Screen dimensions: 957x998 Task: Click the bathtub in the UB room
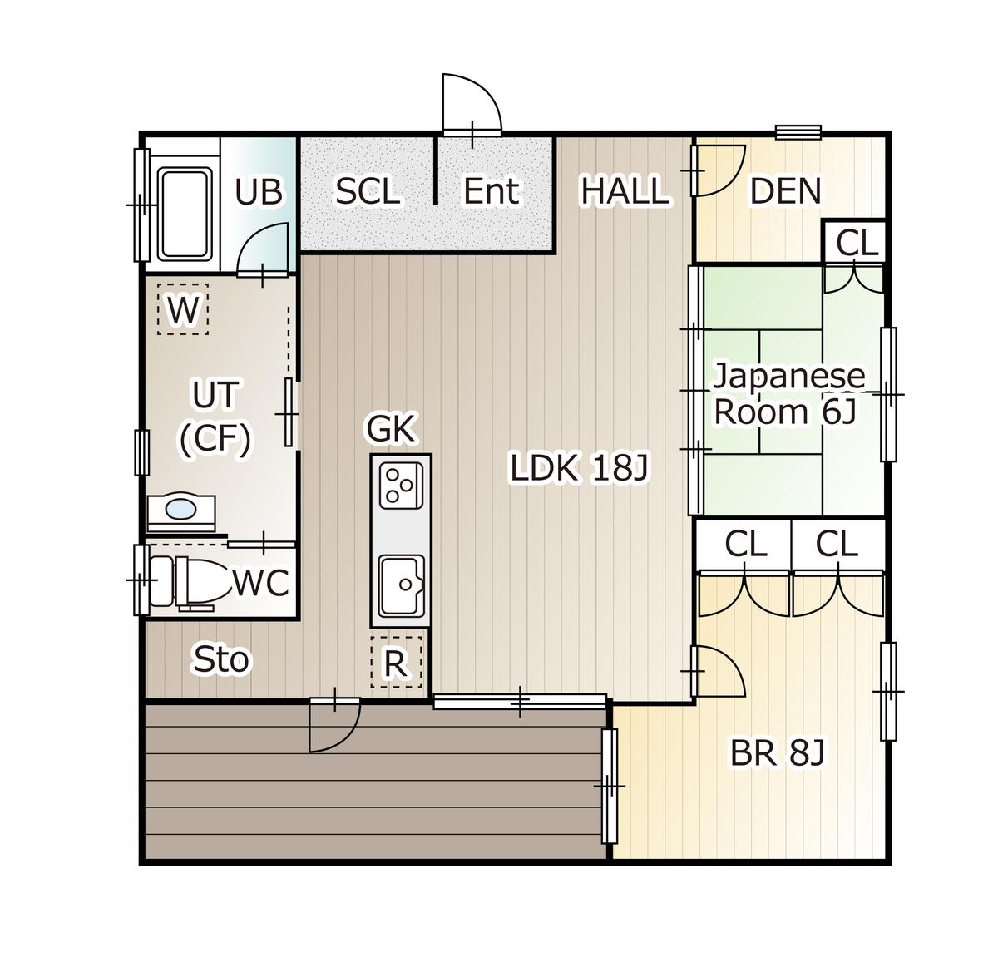coord(184,215)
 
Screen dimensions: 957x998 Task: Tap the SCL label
coord(368,192)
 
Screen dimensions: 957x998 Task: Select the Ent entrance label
coord(491,191)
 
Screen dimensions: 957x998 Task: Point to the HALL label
coord(624,191)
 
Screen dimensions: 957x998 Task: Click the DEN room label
coord(785,191)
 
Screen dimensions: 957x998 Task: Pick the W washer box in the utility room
coord(183,311)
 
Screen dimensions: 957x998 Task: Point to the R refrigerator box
coord(396,663)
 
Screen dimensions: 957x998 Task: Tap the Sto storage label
coord(220,660)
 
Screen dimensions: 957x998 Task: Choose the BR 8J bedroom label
coord(777,754)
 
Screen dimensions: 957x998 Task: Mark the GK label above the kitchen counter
coord(391,429)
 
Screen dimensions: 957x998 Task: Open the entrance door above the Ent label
coord(472,105)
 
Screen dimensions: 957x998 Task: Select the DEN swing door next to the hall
coord(717,170)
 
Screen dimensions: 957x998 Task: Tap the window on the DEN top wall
coord(798,132)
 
